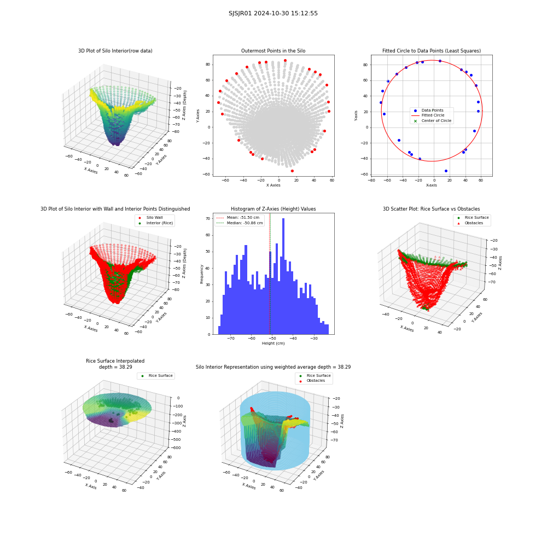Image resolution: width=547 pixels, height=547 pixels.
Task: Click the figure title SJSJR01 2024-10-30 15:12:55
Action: click(273, 13)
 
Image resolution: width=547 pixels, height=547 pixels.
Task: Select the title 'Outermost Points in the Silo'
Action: click(273, 51)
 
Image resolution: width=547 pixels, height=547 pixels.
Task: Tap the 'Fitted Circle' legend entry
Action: click(433, 115)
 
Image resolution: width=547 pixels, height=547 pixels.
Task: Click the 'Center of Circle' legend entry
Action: click(433, 121)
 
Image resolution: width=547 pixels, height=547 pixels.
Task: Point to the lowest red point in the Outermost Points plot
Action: click(292, 171)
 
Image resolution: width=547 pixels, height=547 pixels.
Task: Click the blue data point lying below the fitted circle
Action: click(446, 171)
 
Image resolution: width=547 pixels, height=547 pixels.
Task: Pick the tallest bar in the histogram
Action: click(283, 276)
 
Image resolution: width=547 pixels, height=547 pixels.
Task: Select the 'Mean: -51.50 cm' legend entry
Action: click(239, 217)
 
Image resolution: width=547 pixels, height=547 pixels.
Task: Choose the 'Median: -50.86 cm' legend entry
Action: click(240, 223)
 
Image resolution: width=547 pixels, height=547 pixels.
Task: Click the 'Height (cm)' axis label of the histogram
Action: click(273, 344)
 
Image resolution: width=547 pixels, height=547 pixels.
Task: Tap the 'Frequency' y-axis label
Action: click(202, 274)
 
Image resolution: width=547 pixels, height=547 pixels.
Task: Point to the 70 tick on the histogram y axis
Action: click(208, 219)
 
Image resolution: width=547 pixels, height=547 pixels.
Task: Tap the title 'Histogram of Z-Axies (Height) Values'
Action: click(273, 209)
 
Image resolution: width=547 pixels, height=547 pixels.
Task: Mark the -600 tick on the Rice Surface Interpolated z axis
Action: click(176, 448)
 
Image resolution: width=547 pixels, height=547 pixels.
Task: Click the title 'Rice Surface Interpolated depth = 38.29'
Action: click(115, 364)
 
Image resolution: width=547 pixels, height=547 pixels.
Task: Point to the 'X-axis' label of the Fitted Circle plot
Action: click(431, 185)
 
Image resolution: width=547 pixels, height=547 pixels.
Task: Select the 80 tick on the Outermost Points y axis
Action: click(208, 65)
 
